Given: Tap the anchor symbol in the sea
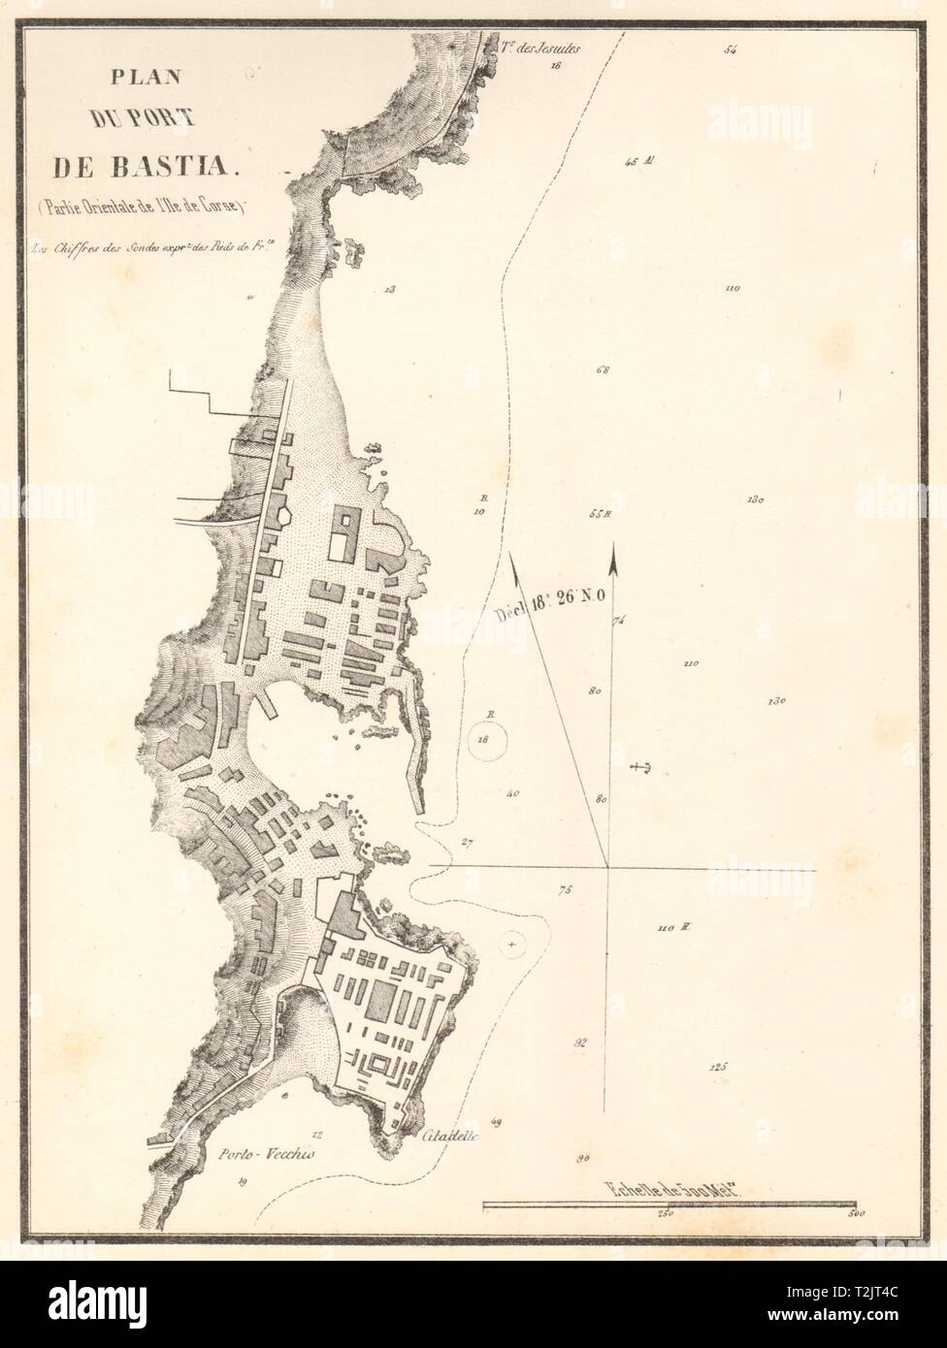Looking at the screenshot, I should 639,767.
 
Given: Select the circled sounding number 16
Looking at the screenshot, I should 486,743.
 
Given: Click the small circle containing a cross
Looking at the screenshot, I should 513,941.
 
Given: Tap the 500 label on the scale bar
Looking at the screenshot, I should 854,1212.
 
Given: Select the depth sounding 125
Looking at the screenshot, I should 718,1067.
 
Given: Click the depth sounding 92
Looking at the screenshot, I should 581,1044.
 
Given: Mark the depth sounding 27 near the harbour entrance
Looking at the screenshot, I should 469,841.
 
